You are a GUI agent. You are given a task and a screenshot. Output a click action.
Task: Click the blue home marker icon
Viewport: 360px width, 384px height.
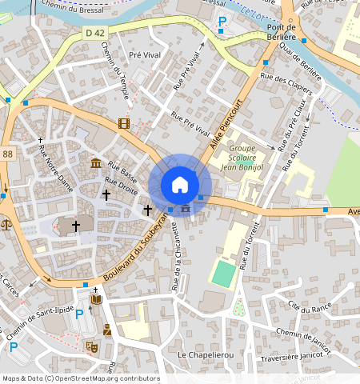[180, 185]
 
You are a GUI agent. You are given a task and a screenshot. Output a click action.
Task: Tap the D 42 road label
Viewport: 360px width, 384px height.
[95, 33]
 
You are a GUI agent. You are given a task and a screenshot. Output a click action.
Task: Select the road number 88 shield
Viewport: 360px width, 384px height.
[7, 154]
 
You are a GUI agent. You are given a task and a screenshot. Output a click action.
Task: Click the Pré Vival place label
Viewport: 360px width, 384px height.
[146, 55]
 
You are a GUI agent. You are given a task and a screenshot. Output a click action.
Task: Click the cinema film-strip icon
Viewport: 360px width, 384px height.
[123, 122]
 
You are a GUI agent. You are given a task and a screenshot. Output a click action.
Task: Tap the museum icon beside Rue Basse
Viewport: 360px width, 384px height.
[95, 164]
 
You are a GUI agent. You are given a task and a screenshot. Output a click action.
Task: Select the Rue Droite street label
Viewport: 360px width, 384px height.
[121, 186]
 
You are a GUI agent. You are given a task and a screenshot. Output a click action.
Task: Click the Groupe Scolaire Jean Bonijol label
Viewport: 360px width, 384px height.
[242, 157]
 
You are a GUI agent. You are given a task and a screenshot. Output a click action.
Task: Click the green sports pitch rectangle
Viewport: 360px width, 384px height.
[224, 274]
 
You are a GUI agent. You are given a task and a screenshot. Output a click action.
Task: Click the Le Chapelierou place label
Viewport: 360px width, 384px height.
[203, 354]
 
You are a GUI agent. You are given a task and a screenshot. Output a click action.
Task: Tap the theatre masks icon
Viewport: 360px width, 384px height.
[91, 346]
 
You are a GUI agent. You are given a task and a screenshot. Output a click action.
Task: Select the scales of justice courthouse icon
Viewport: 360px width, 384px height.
[7, 225]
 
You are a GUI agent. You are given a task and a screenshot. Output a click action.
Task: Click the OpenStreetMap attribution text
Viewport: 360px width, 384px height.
[80, 378]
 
